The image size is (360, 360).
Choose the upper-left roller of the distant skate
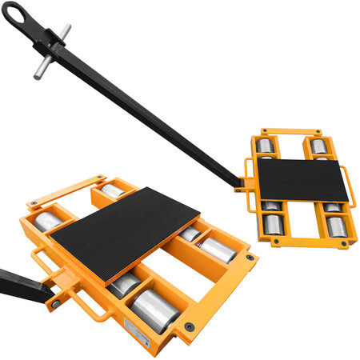tap(265, 147)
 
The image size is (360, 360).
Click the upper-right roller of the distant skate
tap(319, 147)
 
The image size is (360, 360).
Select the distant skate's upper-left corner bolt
tap(258, 137)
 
